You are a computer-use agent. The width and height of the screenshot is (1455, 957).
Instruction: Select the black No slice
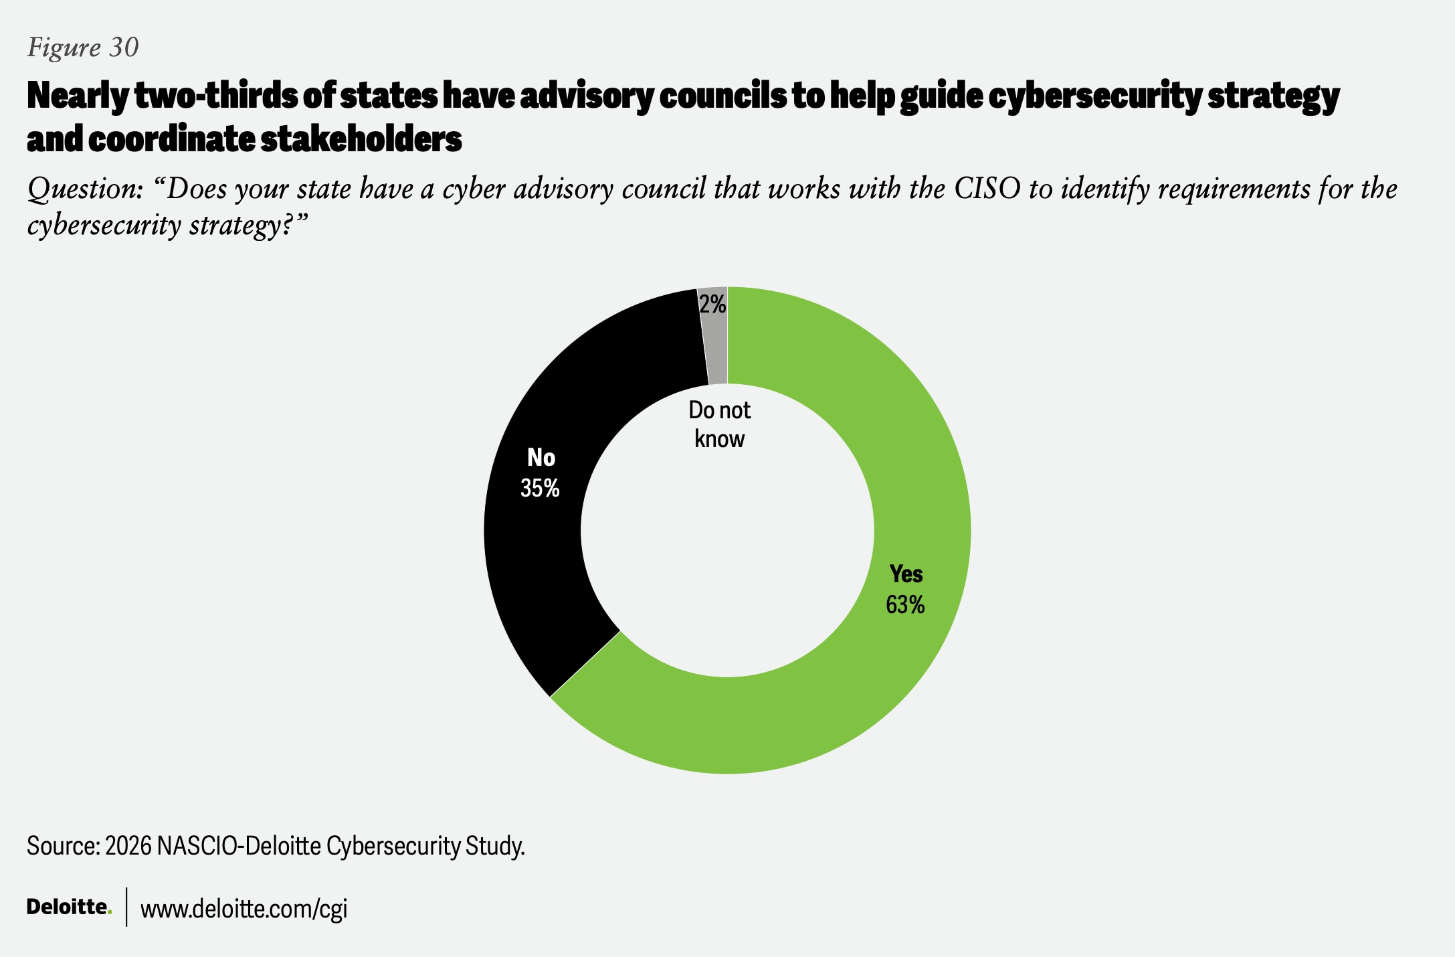click(x=535, y=569)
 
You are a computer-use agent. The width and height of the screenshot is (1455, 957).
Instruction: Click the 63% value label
click(x=905, y=605)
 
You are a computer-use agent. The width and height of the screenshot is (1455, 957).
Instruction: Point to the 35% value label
click(x=540, y=489)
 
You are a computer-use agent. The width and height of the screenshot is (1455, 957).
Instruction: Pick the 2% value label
click(x=712, y=305)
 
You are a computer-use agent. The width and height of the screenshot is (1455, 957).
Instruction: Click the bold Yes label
click(x=906, y=574)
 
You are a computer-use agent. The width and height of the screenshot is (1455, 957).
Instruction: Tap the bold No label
click(x=541, y=458)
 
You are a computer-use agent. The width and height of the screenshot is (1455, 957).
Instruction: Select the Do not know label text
click(x=720, y=424)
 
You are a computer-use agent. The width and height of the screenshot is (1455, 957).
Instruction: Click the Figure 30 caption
click(x=83, y=48)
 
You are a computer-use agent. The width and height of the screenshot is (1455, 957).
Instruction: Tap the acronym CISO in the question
click(x=987, y=189)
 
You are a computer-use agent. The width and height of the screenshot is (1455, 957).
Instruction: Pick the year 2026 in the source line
click(x=128, y=847)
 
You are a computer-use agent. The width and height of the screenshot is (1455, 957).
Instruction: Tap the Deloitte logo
click(x=69, y=907)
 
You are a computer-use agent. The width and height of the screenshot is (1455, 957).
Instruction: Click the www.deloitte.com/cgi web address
click(x=244, y=909)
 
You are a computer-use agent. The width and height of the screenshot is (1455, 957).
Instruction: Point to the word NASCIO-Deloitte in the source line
click(x=238, y=847)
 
